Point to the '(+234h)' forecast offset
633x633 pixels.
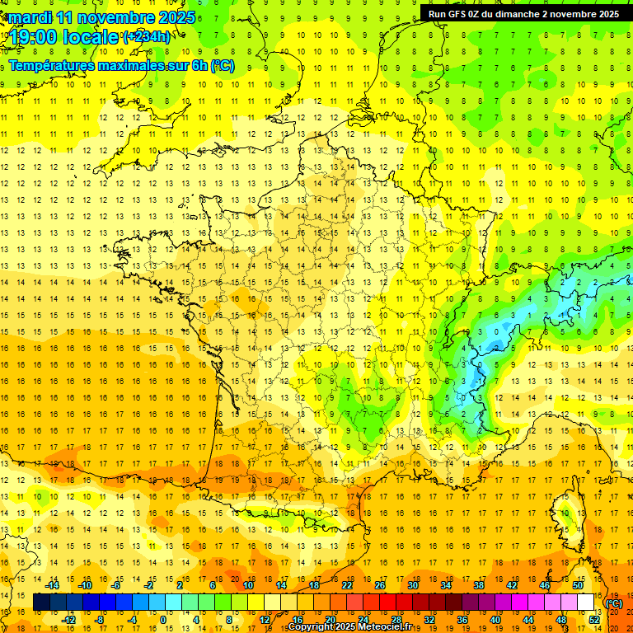(148, 37)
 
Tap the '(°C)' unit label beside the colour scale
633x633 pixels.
(614, 603)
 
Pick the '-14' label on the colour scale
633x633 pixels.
(52, 585)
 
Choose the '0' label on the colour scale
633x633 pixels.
(163, 620)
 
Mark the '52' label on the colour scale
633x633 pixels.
(594, 620)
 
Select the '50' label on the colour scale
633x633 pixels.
(578, 585)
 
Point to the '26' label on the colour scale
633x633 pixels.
(380, 585)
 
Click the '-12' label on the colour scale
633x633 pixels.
(68, 620)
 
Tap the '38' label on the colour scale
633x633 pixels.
(479, 585)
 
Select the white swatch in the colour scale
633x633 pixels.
(586, 603)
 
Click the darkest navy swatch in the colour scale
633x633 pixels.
(41, 603)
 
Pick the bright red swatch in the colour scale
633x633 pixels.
(388, 603)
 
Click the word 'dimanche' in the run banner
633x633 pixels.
(518, 14)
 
